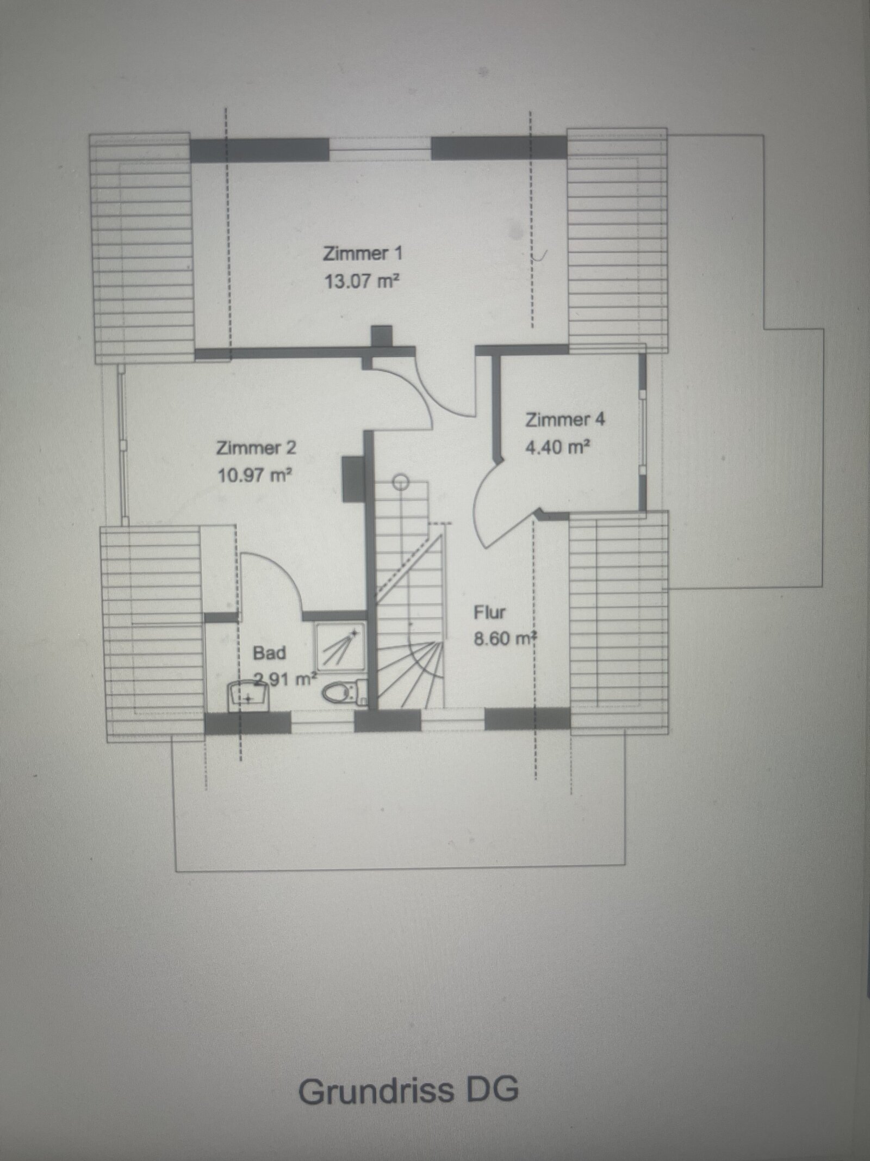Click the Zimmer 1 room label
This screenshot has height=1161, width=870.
[363, 254]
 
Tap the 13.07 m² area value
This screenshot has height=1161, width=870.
[362, 281]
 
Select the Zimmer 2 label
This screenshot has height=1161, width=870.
[256, 448]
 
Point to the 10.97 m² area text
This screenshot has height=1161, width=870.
[254, 475]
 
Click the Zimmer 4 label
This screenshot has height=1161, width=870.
[564, 419]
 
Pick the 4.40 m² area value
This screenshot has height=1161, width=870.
[558, 447]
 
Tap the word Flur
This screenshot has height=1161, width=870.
[489, 612]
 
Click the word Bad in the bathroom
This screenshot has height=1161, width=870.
[269, 652]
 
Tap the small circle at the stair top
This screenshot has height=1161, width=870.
[401, 481]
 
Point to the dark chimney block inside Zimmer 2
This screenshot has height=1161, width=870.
[352, 479]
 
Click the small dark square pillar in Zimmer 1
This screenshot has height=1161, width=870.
[381, 336]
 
